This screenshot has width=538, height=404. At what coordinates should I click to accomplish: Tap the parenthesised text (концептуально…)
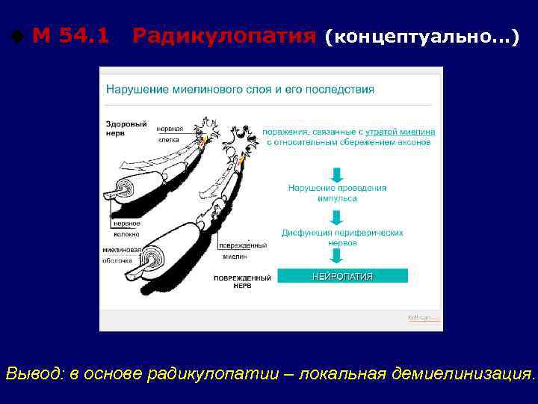422,37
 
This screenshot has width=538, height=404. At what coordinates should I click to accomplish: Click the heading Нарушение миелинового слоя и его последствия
240,89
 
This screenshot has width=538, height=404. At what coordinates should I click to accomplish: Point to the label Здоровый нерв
120,127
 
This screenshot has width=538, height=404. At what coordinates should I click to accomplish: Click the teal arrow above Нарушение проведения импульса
337,174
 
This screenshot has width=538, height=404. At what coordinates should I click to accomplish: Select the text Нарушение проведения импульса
337,193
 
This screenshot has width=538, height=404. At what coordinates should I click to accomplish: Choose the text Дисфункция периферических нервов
342,237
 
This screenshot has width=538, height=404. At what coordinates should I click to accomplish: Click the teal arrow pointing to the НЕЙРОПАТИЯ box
337,259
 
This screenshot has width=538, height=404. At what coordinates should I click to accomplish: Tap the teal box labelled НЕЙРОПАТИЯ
342,276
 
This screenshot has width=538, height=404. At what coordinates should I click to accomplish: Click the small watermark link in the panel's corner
423,317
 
